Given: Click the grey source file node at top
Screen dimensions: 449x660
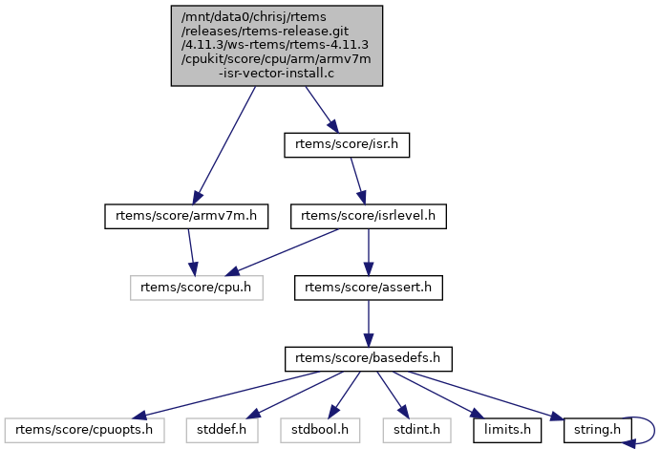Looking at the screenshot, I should (277, 46).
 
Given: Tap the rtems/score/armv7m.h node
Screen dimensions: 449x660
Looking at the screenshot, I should (184, 216).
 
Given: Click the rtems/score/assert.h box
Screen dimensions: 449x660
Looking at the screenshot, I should (369, 287).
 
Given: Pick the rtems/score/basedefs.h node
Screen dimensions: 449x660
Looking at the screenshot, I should (368, 359).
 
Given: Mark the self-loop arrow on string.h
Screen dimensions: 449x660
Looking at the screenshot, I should (652, 429).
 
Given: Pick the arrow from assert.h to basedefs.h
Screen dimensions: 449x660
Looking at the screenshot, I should (369, 323).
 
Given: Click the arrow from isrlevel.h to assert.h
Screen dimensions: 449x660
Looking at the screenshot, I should (369, 251).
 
